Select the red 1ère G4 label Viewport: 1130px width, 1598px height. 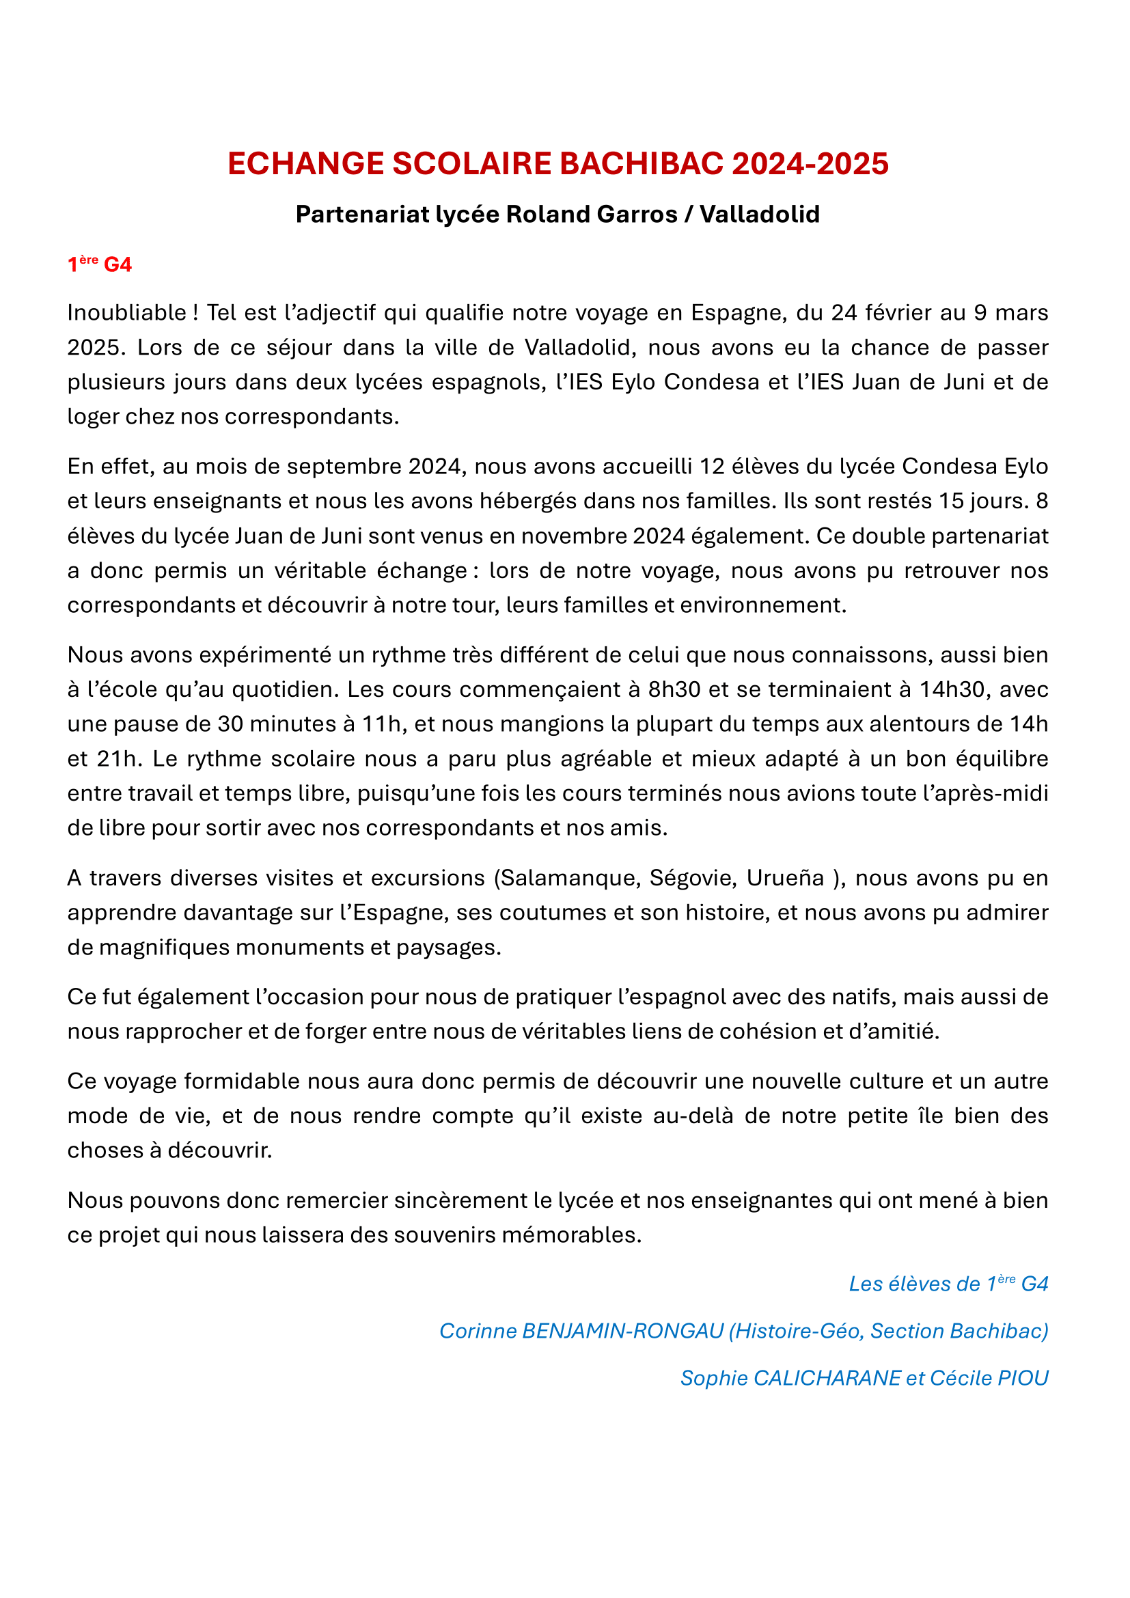click(100, 264)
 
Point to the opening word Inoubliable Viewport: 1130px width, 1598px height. click(126, 313)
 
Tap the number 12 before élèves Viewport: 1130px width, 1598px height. click(712, 467)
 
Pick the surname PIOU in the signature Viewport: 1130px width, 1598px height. click(1023, 1378)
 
